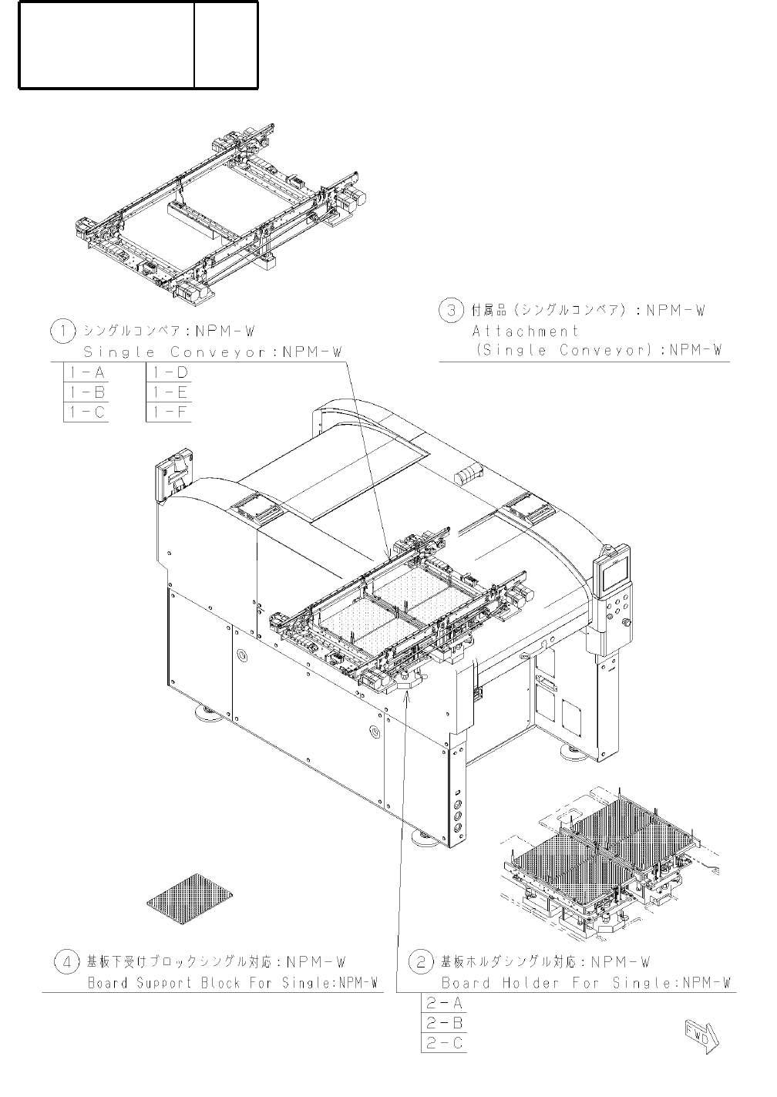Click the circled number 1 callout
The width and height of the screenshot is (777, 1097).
(62, 331)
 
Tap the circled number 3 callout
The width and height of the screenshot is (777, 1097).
(451, 311)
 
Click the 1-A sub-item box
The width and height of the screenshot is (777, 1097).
(85, 373)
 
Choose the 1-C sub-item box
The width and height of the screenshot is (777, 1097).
(85, 412)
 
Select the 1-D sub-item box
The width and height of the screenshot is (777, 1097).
(169, 373)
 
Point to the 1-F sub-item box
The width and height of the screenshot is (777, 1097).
(169, 412)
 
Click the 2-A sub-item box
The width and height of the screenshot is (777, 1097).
(445, 1003)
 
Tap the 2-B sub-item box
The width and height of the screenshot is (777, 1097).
(445, 1023)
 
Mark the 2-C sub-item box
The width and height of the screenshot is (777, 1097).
(445, 1043)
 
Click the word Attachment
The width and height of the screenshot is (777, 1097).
(525, 331)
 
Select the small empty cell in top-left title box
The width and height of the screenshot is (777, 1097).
(226, 45)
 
